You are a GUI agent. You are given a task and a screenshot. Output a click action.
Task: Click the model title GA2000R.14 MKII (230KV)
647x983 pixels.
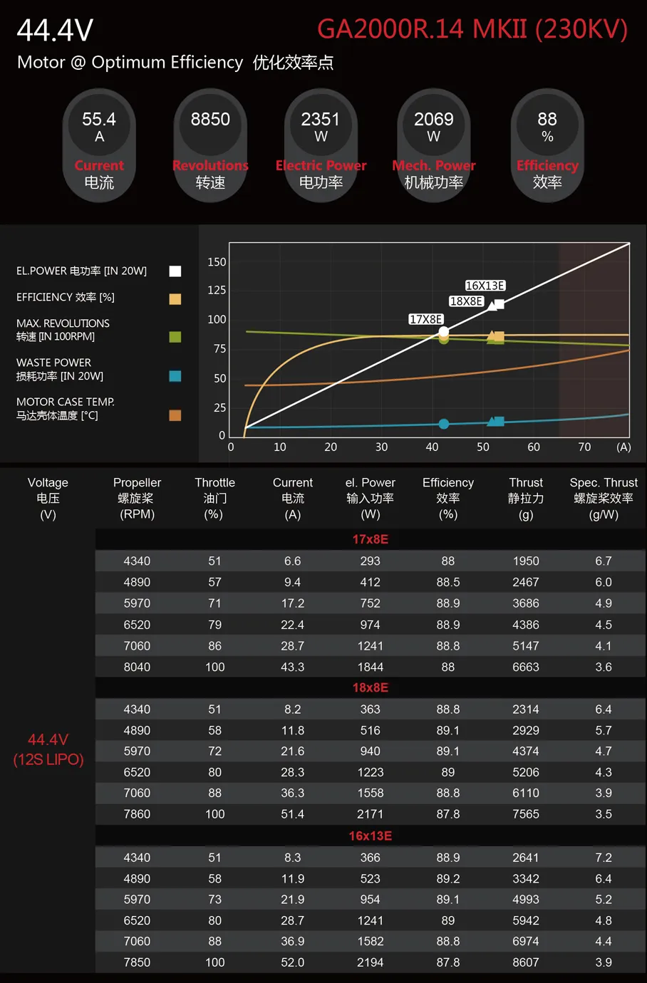tap(472, 29)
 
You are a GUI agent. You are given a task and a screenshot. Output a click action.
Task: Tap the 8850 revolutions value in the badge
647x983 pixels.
tap(210, 120)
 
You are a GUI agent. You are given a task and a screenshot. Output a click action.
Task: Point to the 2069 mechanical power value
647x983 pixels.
tap(433, 120)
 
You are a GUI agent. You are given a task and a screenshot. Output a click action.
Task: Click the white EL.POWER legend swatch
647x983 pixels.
tap(175, 271)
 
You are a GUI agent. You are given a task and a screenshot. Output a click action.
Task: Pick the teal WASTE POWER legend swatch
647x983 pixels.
tap(175, 376)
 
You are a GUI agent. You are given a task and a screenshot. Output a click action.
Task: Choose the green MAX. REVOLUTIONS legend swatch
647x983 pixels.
tap(175, 337)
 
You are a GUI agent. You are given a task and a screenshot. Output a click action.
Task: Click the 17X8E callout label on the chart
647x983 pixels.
tap(426, 319)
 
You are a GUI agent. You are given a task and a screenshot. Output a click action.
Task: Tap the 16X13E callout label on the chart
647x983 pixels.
tap(485, 286)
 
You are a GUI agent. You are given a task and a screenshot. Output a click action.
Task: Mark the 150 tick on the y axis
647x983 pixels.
tap(217, 262)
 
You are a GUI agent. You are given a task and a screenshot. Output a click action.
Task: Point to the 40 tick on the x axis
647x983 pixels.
tap(432, 447)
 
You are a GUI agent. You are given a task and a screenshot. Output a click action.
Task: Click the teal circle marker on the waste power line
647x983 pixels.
tap(444, 424)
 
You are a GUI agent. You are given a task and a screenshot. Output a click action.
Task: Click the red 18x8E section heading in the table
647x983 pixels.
tap(370, 688)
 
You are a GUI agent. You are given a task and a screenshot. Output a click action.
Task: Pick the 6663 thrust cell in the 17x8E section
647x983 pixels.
tap(526, 667)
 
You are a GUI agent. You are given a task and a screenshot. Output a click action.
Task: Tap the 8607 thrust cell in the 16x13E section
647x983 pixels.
tap(526, 962)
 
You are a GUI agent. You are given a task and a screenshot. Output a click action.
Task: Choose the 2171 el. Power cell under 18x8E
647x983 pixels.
tap(370, 814)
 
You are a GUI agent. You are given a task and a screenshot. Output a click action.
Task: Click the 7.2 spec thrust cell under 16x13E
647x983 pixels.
tap(604, 858)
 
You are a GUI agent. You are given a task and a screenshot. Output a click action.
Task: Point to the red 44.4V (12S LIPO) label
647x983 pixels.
tap(48, 749)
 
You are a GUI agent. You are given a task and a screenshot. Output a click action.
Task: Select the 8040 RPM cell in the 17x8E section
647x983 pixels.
tap(137, 667)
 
